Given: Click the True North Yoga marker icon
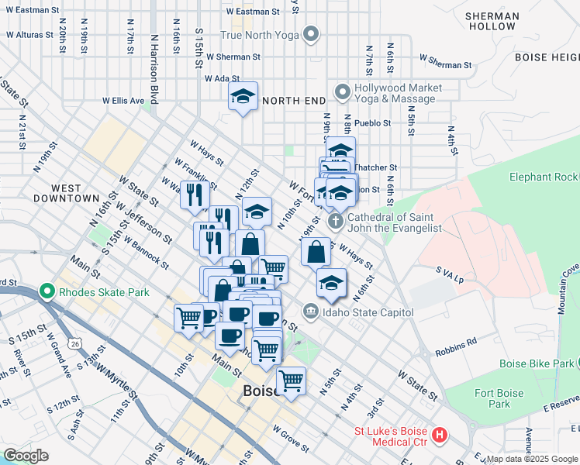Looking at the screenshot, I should [311, 34].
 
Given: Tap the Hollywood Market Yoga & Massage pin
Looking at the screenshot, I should [342, 93].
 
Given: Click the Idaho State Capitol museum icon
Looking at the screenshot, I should [311, 312].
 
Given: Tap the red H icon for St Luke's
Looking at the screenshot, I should [440, 435].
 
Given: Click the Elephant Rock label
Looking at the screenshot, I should [544, 177].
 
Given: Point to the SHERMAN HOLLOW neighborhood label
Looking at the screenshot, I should [492, 21].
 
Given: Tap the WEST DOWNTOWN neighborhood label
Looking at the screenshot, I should [66, 193].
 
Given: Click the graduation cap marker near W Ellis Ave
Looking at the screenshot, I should [243, 97].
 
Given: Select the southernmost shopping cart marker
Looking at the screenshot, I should [291, 381].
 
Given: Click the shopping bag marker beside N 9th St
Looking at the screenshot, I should [316, 252].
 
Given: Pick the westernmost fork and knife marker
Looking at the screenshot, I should [195, 194].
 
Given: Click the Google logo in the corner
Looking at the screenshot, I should [26, 456].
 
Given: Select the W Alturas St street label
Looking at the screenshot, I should [29, 35].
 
